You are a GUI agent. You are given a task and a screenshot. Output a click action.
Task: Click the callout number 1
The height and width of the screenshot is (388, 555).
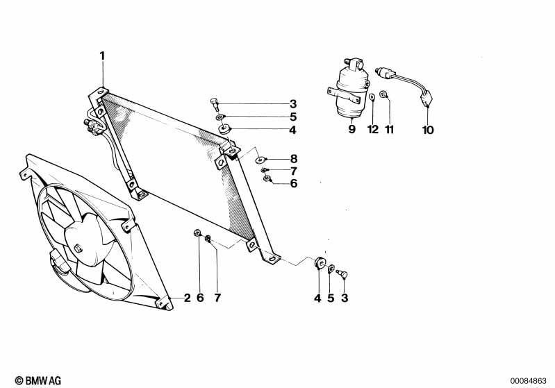(x=102, y=56)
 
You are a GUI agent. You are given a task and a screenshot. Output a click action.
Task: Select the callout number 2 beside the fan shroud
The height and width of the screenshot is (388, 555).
(x=188, y=298)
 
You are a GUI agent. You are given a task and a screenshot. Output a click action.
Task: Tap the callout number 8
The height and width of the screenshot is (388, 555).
(x=294, y=159)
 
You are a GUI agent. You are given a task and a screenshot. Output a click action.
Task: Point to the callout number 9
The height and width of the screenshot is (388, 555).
(x=351, y=129)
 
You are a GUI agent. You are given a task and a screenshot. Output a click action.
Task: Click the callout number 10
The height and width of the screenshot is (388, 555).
(x=428, y=130)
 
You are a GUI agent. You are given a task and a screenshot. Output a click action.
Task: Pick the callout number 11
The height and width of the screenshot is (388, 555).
(x=390, y=130)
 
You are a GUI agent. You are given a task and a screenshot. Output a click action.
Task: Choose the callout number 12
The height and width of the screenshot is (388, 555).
(x=373, y=130)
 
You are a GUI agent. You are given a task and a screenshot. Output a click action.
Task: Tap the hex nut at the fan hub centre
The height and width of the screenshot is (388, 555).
(x=78, y=248)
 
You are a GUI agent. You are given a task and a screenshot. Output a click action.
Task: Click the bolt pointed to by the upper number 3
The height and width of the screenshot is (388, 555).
(x=215, y=104)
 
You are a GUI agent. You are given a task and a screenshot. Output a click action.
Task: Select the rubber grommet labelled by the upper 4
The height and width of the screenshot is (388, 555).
(x=225, y=128)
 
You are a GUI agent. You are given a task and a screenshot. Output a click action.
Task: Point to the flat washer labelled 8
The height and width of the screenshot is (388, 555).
(x=261, y=160)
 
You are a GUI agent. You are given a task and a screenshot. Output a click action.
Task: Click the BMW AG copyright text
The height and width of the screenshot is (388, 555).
(x=38, y=380)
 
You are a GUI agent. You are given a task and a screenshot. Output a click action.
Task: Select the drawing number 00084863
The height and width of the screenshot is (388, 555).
(x=528, y=381)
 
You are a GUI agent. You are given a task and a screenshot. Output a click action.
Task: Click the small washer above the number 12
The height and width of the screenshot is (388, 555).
(x=372, y=97)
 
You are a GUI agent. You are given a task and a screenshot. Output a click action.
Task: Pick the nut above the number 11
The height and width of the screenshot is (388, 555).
(x=383, y=94)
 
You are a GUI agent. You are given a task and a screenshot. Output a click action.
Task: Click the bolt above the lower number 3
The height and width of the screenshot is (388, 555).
(x=342, y=273)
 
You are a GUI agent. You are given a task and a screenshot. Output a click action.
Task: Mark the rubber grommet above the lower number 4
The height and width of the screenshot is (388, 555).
(x=320, y=263)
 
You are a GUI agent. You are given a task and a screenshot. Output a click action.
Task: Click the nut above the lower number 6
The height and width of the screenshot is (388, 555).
(x=197, y=233)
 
